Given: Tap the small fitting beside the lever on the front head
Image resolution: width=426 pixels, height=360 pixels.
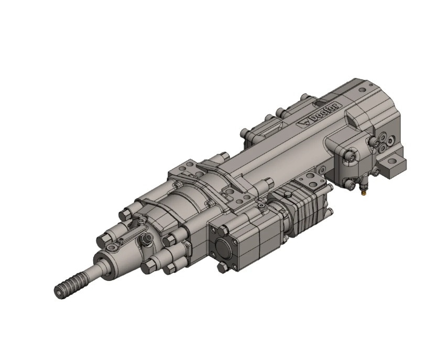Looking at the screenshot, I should (x=146, y=240).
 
